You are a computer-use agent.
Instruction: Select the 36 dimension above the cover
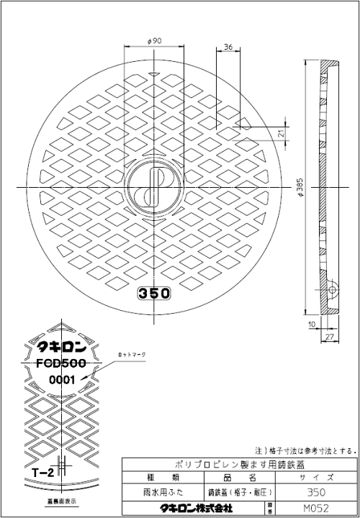[x=228, y=47]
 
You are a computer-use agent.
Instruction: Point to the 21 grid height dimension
[x=280, y=133]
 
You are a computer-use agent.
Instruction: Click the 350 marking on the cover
[x=153, y=294]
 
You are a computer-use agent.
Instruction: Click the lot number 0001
[x=63, y=380]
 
